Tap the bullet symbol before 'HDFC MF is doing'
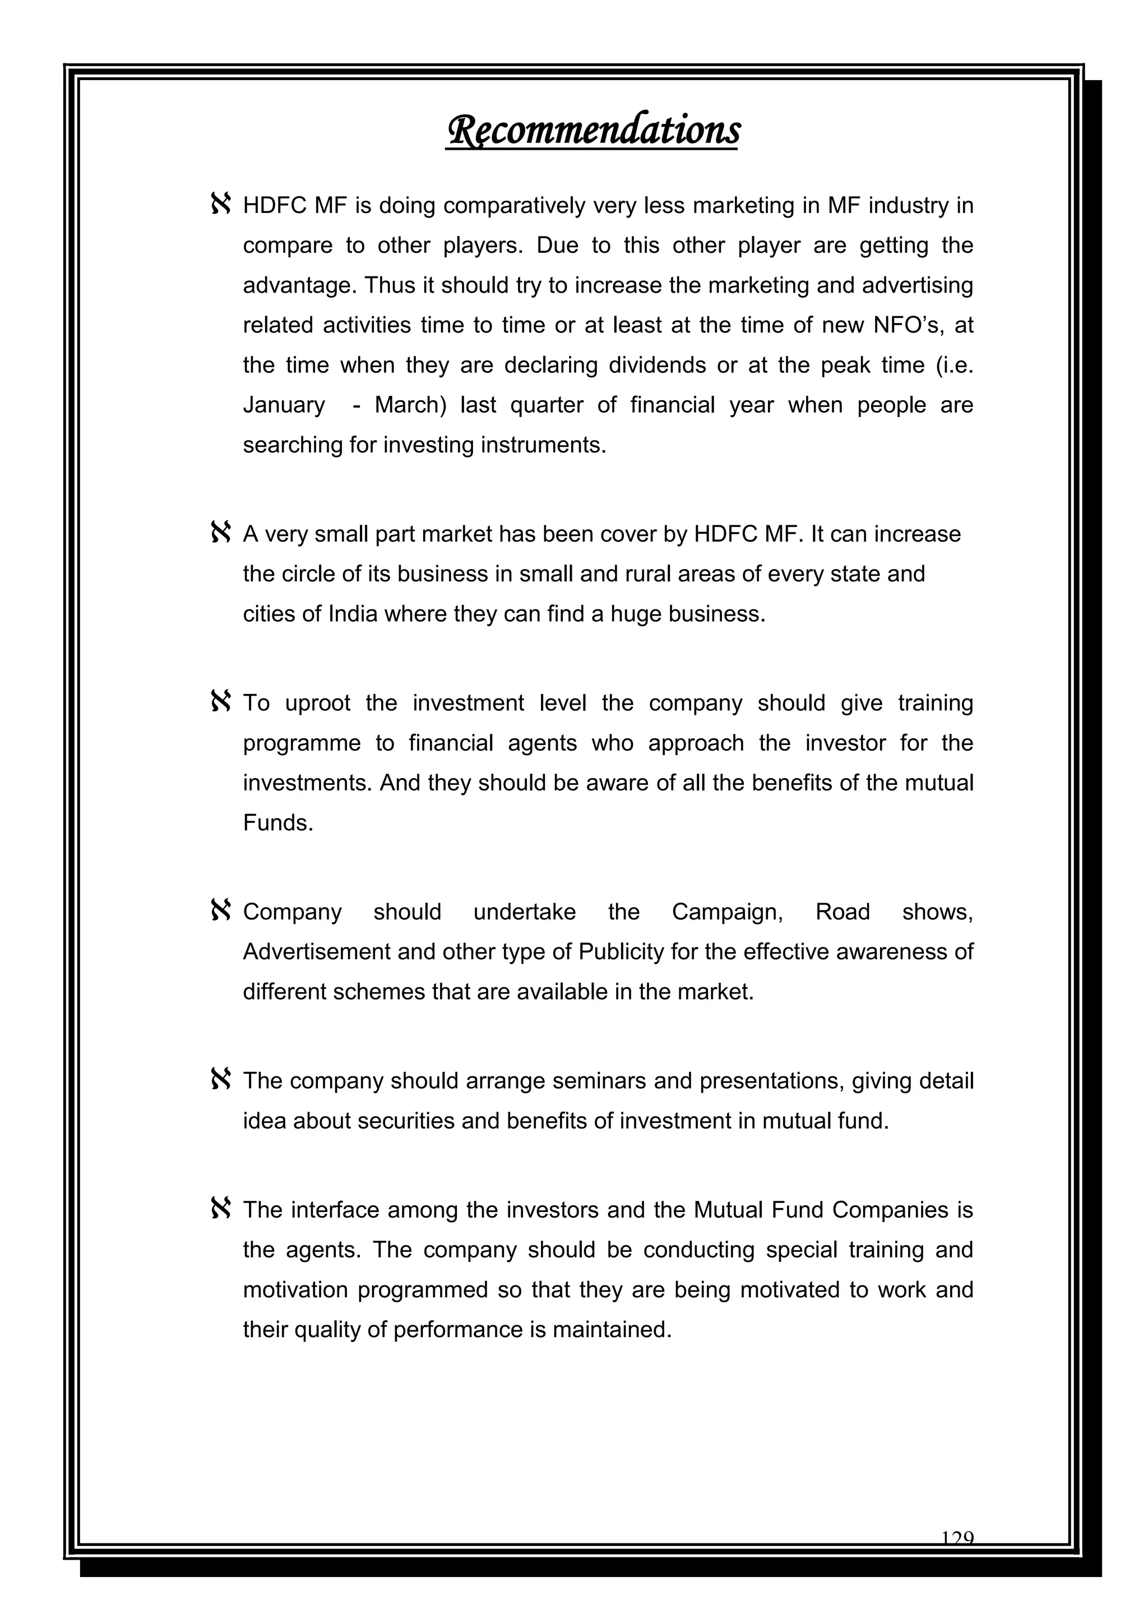220,205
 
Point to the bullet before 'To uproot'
220,702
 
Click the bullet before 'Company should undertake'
220,910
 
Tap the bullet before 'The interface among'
220,1209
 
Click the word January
284,405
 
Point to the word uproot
317,704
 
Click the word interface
335,1210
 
